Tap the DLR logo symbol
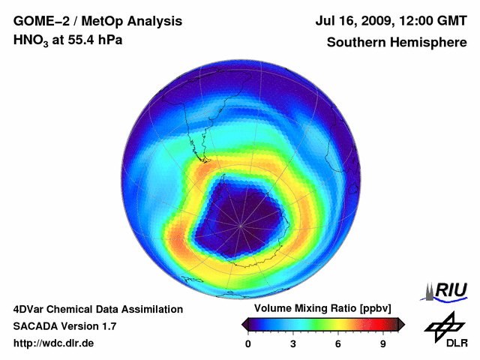444,325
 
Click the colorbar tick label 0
248,343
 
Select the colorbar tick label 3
293,343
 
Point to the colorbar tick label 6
338,343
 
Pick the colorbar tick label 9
382,343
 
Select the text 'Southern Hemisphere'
396,43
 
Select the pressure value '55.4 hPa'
91,40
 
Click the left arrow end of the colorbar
244,323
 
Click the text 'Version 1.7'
89,326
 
